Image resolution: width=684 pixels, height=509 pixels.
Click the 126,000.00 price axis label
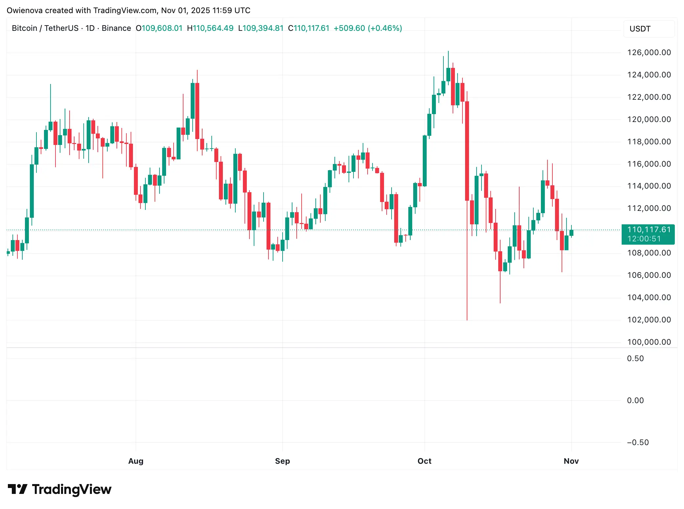coord(649,52)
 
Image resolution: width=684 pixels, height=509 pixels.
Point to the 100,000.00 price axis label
coord(649,342)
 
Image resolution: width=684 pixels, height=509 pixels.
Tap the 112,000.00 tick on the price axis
coord(649,208)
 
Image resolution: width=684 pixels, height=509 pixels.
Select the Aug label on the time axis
coord(136,461)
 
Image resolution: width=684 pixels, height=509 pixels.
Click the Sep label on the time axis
coord(282,461)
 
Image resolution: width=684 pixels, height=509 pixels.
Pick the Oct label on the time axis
coord(424,461)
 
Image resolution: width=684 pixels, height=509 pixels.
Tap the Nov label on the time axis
coord(571,461)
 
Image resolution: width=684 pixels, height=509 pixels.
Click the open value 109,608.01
coord(162,28)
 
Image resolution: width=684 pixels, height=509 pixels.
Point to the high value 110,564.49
coord(213,28)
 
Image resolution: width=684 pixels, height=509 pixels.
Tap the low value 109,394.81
coord(263,28)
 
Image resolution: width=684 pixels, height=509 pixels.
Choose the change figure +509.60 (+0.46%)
coord(368,28)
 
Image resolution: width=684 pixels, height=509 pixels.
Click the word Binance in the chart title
coord(116,28)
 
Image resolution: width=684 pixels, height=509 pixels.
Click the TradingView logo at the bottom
coord(59,489)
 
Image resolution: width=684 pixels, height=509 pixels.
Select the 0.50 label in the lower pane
coord(635,358)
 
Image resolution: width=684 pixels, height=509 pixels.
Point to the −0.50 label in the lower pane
coord(637,442)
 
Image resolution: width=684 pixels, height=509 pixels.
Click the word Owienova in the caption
coord(25,10)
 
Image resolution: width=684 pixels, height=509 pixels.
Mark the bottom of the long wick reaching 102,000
coord(467,319)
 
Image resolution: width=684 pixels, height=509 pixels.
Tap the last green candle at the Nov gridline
coord(571,233)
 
